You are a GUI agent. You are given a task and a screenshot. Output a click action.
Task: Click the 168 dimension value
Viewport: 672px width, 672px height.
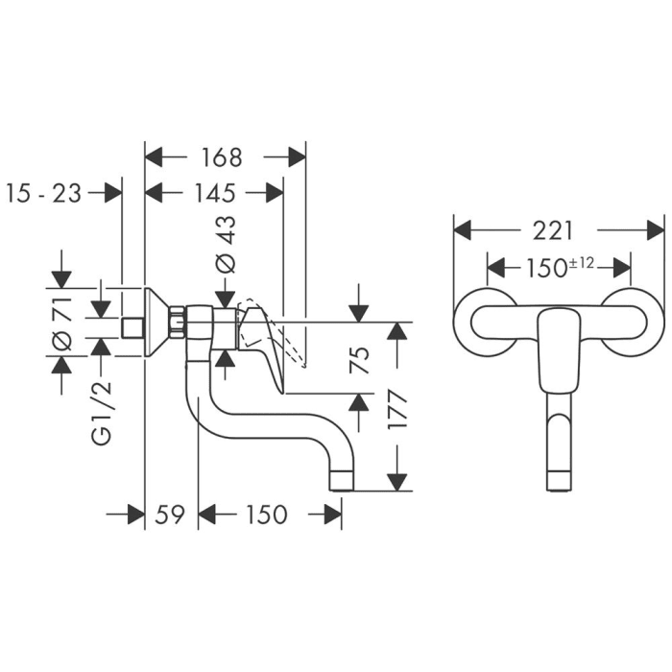[223, 156]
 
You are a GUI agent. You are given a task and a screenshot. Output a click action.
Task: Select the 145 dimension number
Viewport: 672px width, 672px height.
[215, 193]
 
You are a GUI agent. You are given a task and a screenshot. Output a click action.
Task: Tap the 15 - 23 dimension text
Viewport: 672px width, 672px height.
[43, 193]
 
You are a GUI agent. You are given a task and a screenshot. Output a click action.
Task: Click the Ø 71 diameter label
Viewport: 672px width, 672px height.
[60, 323]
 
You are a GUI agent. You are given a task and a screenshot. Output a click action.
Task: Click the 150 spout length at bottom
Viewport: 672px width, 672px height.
[266, 515]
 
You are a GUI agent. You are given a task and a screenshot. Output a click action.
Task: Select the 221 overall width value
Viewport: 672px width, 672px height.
[554, 230]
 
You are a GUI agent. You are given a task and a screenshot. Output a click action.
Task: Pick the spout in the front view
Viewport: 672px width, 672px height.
[559, 442]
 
